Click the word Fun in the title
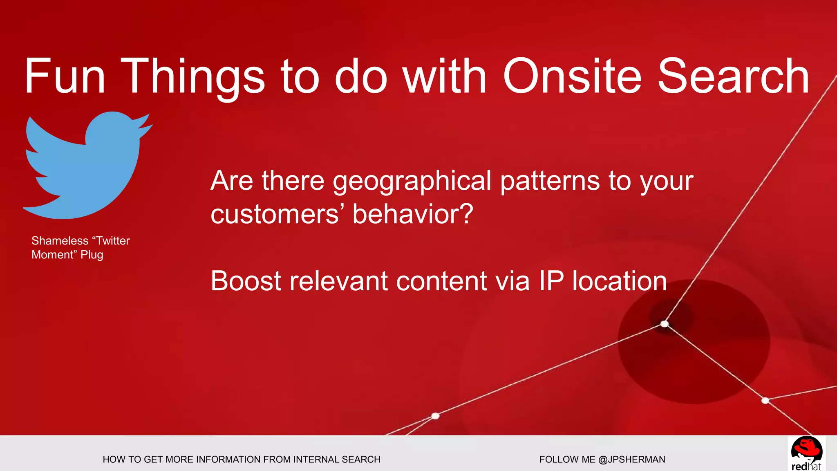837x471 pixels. [x=65, y=76]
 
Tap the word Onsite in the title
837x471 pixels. [x=572, y=76]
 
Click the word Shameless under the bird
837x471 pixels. [x=60, y=241]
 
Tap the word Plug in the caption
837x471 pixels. [x=92, y=255]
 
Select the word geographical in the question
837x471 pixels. [x=412, y=181]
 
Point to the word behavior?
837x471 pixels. [x=413, y=214]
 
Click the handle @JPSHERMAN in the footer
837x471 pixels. [x=631, y=460]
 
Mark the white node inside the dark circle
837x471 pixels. [x=665, y=324]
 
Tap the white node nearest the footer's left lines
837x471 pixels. [x=435, y=416]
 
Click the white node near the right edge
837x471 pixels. [x=765, y=400]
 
